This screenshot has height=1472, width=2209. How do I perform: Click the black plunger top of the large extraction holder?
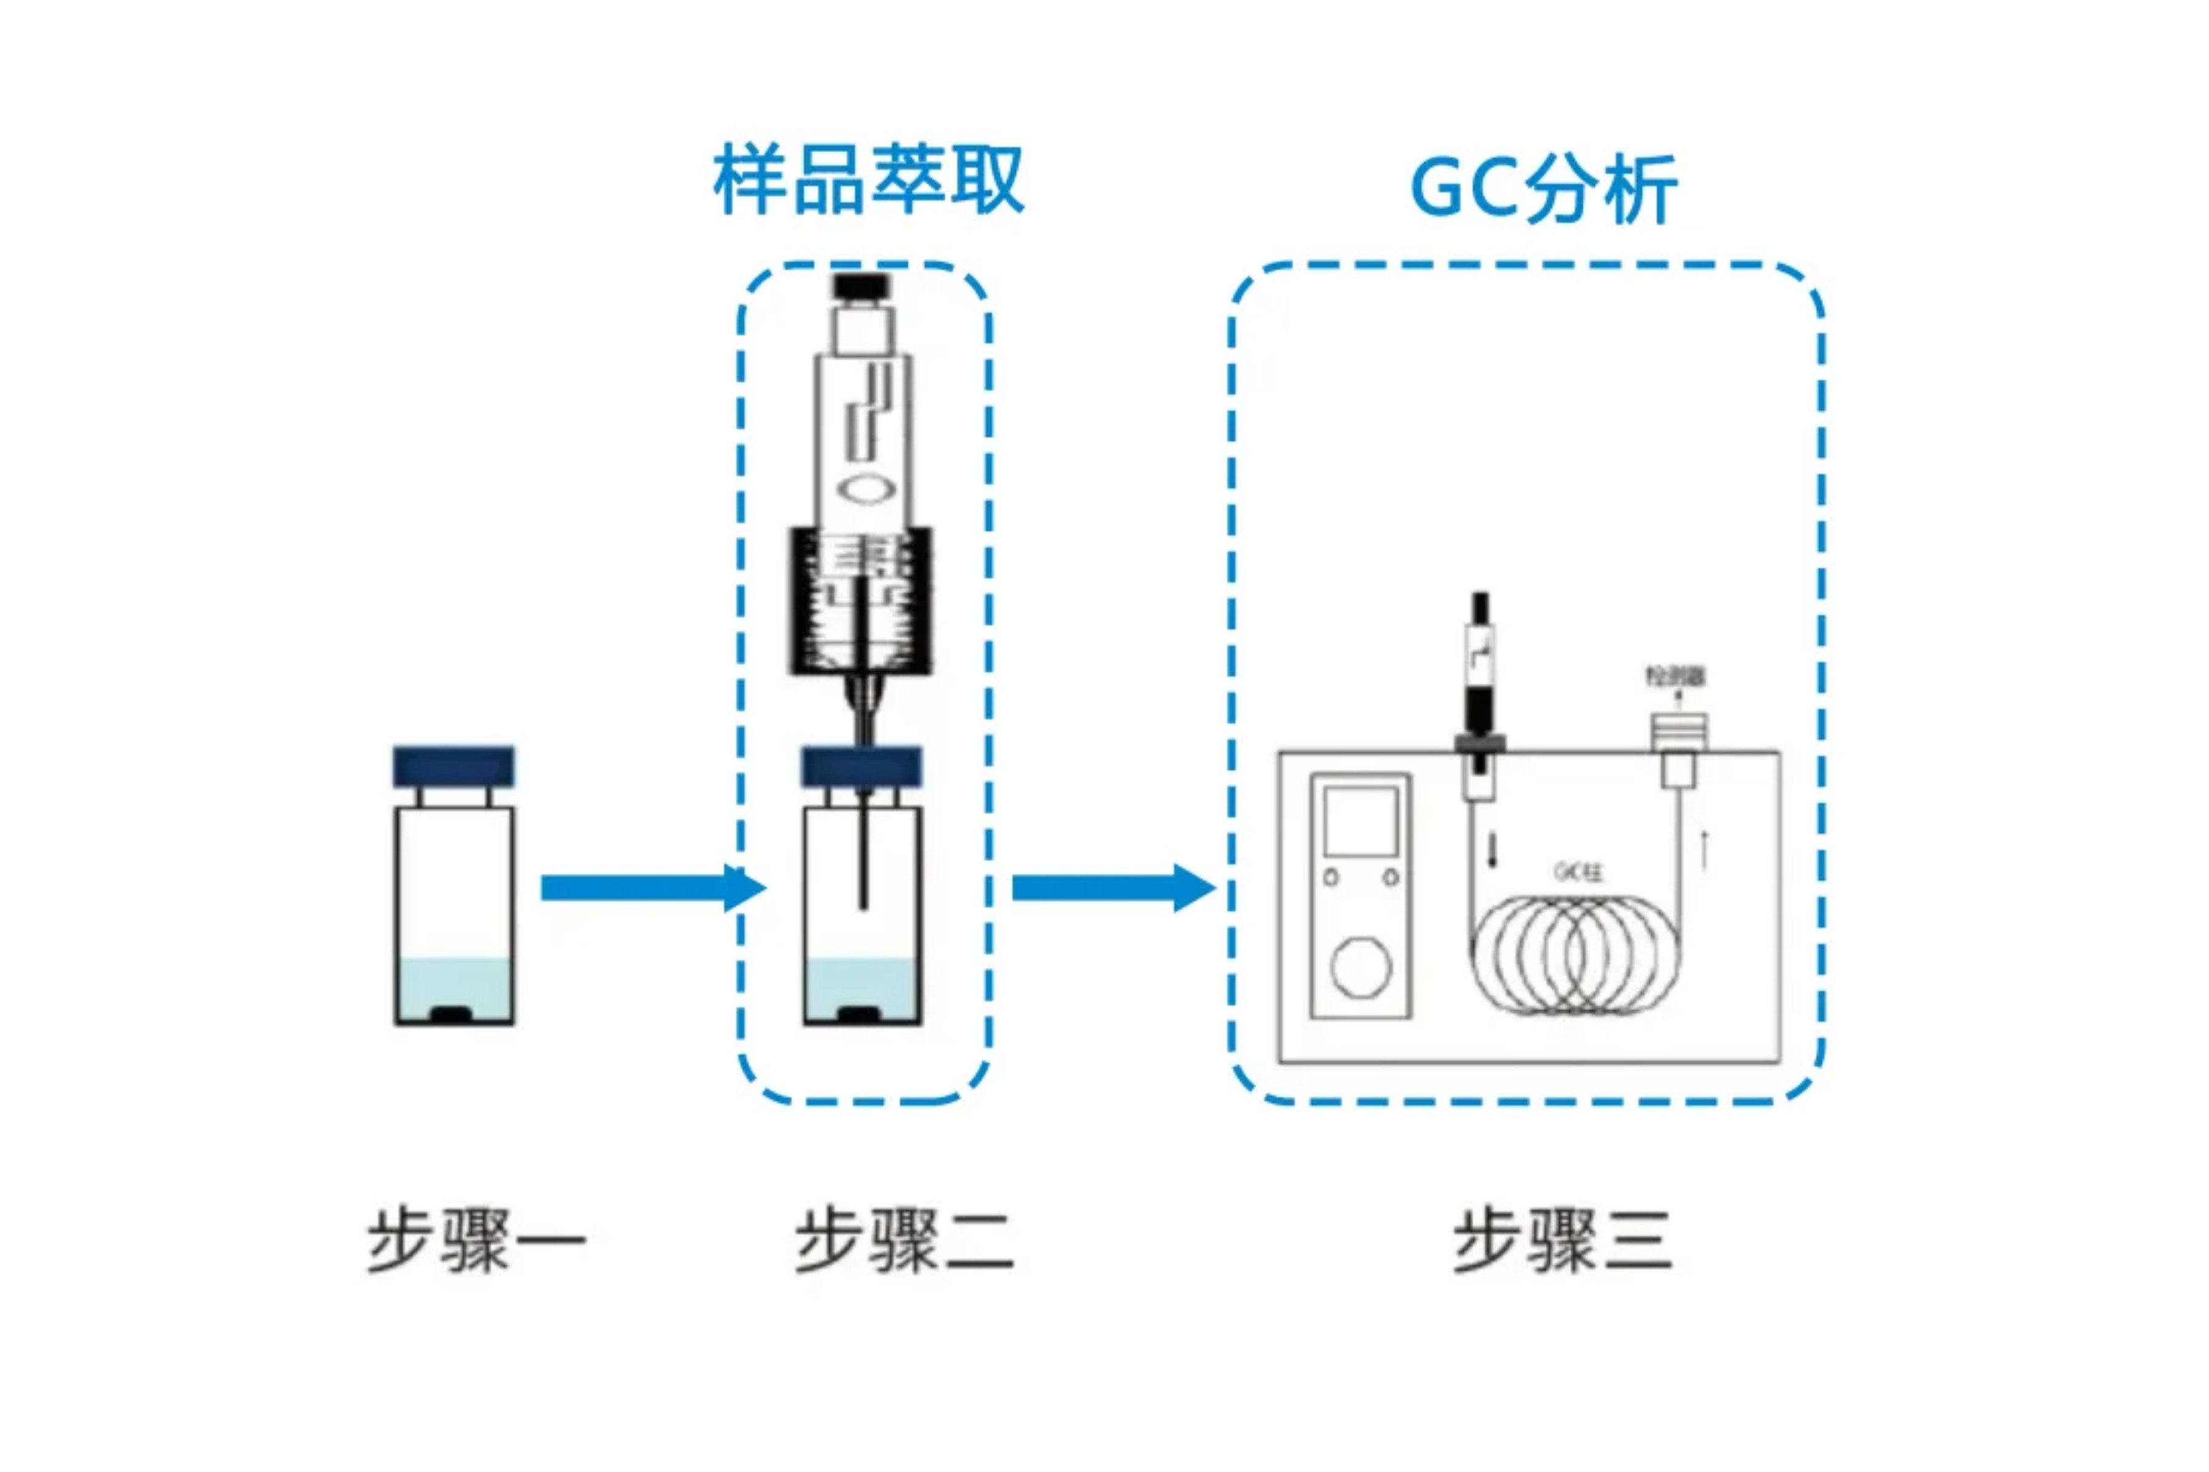pos(862,285)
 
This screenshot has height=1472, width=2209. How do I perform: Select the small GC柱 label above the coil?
pos(1578,871)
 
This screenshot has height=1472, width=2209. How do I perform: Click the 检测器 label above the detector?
pos(1676,676)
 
